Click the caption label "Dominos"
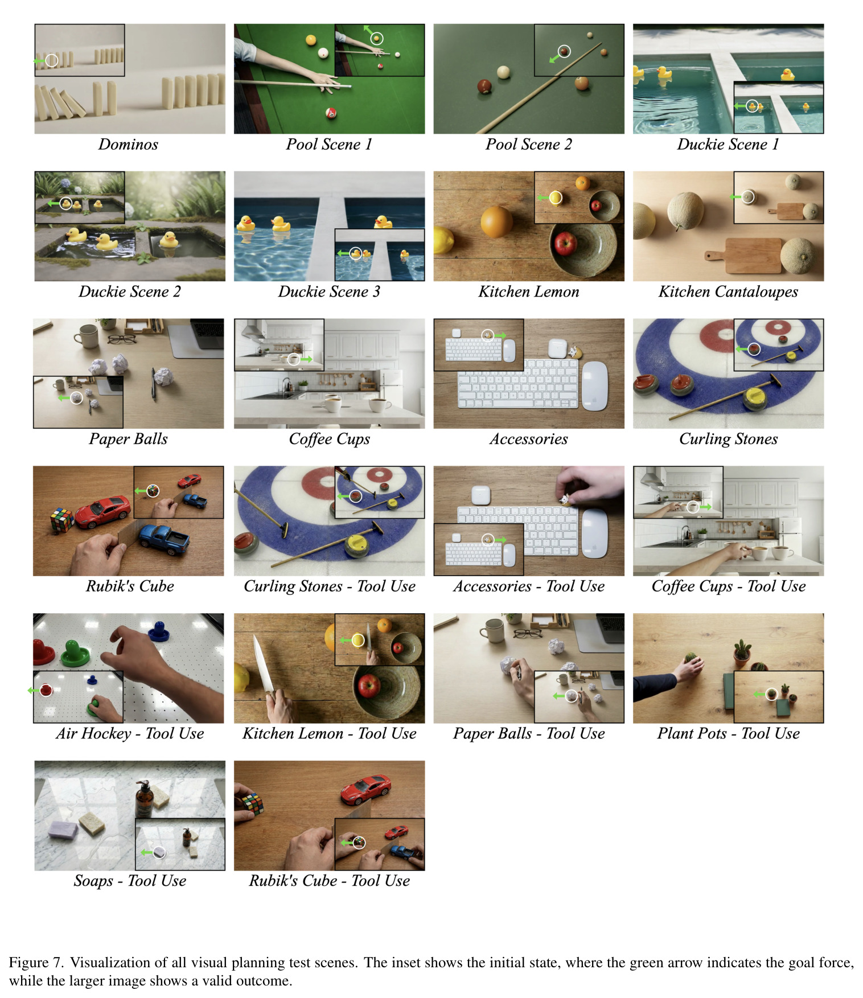click(128, 144)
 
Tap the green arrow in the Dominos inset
click(39, 60)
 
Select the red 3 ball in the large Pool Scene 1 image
click(331, 113)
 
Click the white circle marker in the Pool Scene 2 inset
click(564, 51)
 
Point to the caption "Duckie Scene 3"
click(329, 291)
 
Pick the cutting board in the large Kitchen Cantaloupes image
click(743, 256)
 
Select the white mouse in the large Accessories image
click(594, 385)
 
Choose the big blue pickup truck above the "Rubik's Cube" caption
click(165, 540)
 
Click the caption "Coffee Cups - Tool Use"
click(729, 586)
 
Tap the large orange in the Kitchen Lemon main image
click(496, 221)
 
